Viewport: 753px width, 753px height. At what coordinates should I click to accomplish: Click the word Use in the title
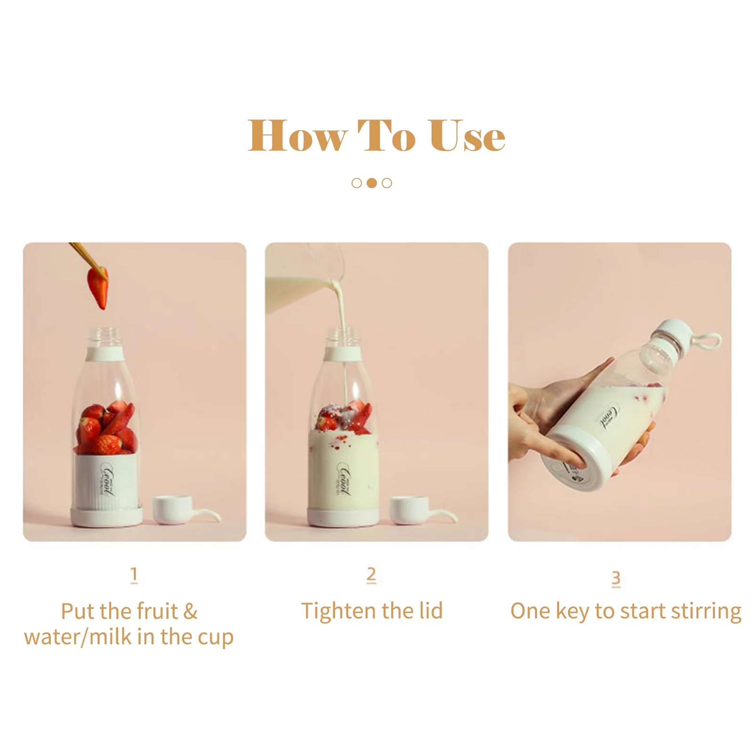(467, 136)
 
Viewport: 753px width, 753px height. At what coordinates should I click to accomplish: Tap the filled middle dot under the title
(372, 183)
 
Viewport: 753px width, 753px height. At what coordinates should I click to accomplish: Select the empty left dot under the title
(357, 183)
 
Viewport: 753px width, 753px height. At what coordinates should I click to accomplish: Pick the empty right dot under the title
(387, 183)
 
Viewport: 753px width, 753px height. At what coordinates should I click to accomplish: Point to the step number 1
(134, 575)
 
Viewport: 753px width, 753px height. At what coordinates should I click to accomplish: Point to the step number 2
(371, 575)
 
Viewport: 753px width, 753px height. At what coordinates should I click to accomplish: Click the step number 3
(616, 578)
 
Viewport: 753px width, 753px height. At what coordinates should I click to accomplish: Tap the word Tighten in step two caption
(339, 611)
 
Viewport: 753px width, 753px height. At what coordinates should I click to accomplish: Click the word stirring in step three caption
(706, 611)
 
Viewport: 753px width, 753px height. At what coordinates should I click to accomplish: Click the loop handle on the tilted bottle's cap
(710, 341)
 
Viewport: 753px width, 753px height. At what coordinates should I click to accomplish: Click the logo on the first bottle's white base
(107, 479)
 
